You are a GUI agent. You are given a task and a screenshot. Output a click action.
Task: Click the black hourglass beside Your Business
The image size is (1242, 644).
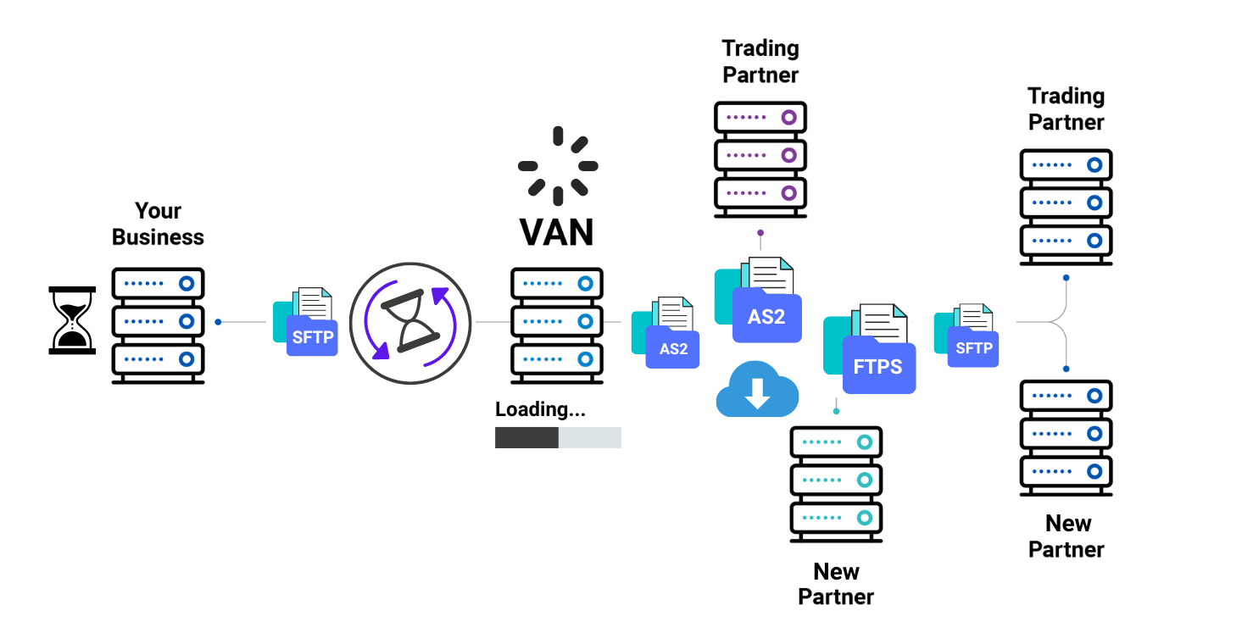pyautogui.click(x=72, y=319)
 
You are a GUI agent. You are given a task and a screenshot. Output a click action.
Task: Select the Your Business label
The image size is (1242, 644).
pyautogui.click(x=159, y=224)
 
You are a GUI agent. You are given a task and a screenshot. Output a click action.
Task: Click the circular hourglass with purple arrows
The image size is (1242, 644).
pyautogui.click(x=409, y=323)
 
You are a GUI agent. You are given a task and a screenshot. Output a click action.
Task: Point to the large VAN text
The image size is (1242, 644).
pyautogui.click(x=557, y=232)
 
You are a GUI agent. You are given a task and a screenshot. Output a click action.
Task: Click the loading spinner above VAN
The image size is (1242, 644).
pyautogui.click(x=557, y=166)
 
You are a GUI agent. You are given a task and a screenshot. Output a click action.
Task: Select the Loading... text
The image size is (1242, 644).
pyautogui.click(x=540, y=409)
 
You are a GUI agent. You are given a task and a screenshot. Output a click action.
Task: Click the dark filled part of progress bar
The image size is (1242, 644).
pyautogui.click(x=526, y=437)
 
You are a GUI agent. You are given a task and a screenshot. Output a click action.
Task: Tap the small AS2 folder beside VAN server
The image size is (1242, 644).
pyautogui.click(x=666, y=334)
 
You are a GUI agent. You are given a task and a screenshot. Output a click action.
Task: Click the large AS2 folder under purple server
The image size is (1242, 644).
pyautogui.click(x=760, y=303)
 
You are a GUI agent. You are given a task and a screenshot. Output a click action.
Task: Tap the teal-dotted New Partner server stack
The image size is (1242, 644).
pyautogui.click(x=836, y=484)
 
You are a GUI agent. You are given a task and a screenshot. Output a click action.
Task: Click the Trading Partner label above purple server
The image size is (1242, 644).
pyautogui.click(x=760, y=61)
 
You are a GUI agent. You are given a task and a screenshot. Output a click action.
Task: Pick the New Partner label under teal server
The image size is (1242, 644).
pyautogui.click(x=836, y=584)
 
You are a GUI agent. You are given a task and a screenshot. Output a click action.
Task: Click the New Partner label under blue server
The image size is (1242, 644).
pyautogui.click(x=1067, y=536)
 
